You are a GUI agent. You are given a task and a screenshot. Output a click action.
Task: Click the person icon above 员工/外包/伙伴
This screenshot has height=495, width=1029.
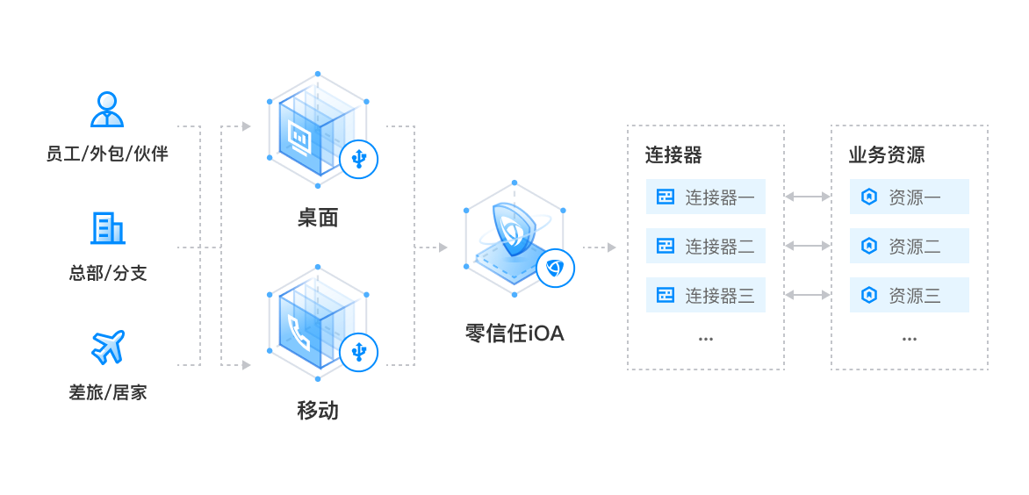[108, 110]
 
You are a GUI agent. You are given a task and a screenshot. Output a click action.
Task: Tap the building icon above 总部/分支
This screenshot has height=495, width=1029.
[107, 227]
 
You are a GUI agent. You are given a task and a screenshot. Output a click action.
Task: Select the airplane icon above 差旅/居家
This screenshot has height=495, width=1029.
[108, 347]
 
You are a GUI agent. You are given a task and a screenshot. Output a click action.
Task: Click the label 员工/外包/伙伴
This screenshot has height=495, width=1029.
[107, 154]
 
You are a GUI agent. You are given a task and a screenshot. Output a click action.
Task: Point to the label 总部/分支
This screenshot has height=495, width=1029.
[107, 273]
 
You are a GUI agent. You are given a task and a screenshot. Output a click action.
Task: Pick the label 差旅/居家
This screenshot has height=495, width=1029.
[107, 392]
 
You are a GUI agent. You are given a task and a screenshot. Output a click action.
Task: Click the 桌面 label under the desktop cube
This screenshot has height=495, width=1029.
[317, 219]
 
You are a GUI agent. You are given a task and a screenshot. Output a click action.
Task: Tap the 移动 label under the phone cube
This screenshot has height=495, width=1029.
[317, 411]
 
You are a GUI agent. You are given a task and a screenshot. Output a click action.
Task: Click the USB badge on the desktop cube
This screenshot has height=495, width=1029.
[359, 160]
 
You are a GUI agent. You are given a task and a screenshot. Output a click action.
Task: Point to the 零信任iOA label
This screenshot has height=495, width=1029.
[514, 334]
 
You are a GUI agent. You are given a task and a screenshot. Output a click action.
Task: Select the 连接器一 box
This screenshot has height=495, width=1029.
[706, 197]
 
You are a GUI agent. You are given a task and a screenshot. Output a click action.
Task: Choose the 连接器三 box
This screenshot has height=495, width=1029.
[706, 295]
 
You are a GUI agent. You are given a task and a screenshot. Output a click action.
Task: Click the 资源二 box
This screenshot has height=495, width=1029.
[910, 246]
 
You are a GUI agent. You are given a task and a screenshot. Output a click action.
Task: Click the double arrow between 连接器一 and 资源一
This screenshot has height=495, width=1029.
[808, 197]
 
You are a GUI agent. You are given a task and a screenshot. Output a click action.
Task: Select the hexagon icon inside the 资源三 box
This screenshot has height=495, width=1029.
[869, 295]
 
